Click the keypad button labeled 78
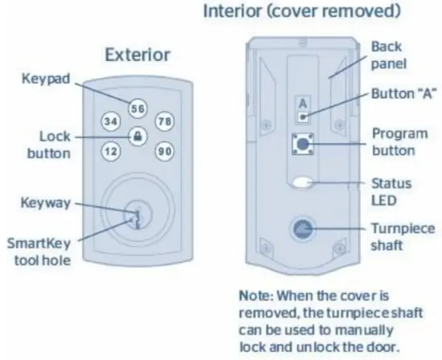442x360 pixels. tap(166, 121)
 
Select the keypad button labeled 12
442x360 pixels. tap(110, 150)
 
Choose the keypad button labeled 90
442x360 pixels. tap(166, 150)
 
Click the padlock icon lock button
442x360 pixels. tap(138, 136)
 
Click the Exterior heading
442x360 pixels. tap(137, 55)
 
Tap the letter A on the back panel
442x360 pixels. tap(302, 104)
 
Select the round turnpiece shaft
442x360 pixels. tap(303, 229)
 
